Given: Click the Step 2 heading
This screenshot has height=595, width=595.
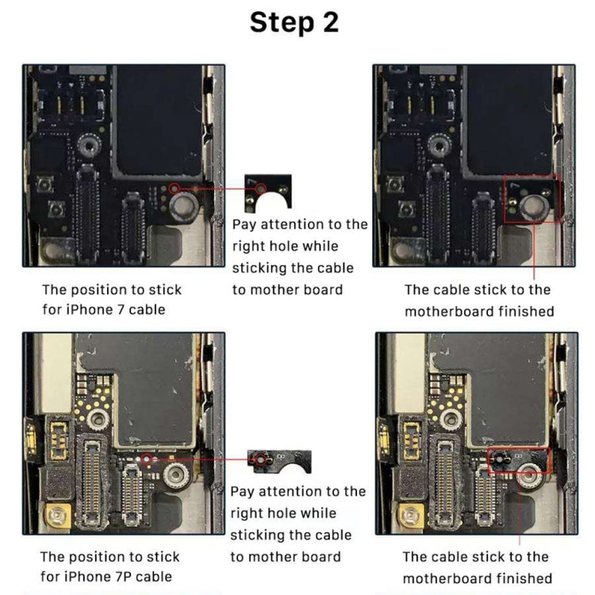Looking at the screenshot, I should pos(294,22).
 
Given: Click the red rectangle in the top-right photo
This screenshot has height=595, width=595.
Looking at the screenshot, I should pos(533,198).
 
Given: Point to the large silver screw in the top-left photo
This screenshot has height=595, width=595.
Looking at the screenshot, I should pos(184,208).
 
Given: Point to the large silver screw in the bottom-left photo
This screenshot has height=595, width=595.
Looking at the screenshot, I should pos(176,475).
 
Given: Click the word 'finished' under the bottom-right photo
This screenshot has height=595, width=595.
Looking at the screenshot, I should pos(521,578).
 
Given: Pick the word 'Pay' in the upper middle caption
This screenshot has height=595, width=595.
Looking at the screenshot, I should pos(244,225).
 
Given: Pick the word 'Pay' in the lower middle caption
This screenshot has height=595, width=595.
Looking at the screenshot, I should pos(243,492).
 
